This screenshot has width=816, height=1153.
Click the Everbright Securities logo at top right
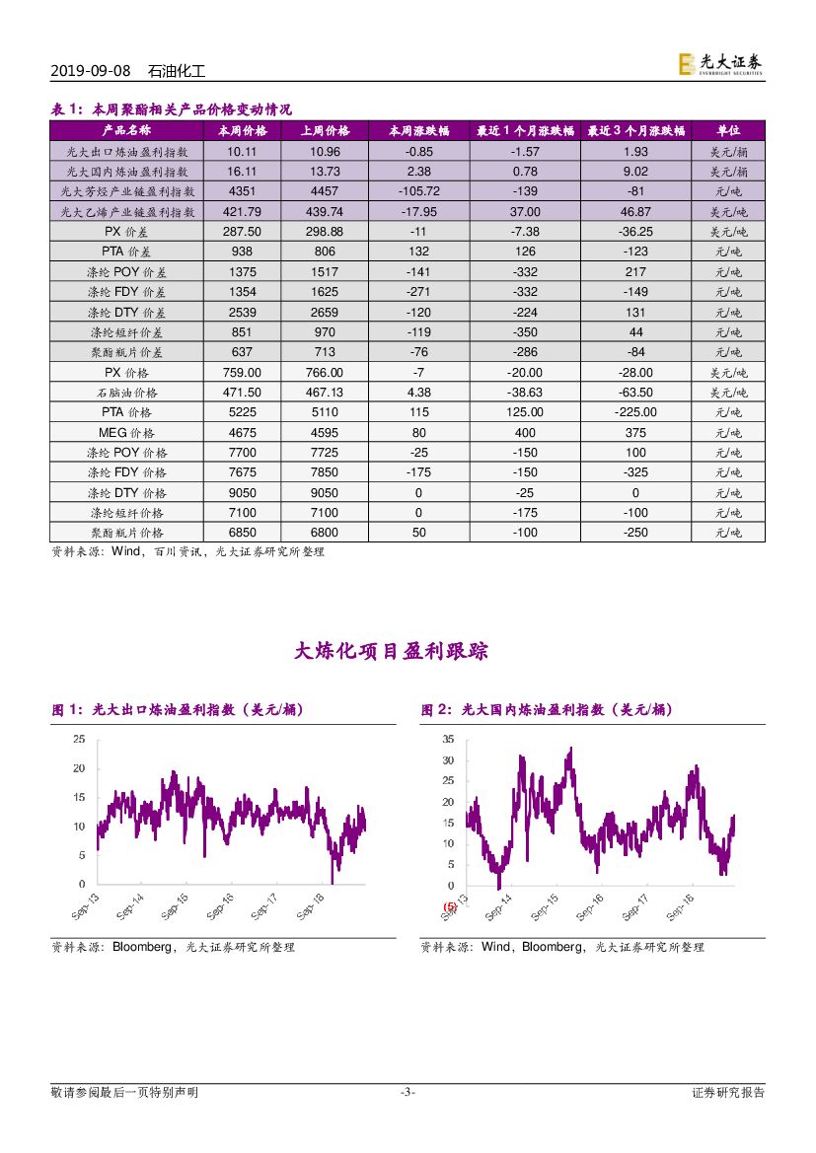719,64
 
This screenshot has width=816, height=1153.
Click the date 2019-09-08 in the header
90,72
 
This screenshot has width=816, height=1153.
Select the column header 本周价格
242,131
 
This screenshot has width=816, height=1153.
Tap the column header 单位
728,131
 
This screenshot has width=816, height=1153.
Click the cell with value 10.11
242,152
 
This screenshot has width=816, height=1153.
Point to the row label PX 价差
126,232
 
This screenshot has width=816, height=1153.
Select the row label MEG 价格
126,433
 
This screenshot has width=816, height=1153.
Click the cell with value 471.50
242,393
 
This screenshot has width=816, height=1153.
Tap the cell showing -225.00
635,412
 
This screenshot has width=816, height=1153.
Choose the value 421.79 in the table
242,212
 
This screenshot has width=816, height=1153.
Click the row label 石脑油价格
126,393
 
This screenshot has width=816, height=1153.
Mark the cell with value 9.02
635,172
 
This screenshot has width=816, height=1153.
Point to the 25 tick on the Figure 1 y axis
79,739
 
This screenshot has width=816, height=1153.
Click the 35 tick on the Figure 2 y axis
448,739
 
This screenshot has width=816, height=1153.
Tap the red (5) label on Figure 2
450,906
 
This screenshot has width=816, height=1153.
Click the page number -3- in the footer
407,1092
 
